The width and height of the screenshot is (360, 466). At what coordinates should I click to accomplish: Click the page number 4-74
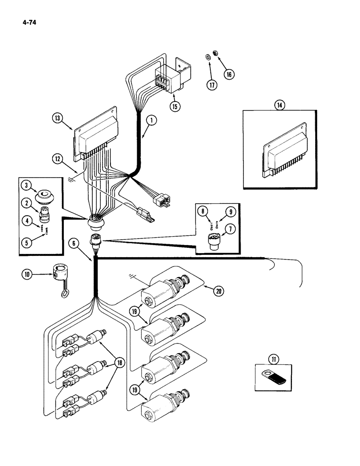(x=28, y=21)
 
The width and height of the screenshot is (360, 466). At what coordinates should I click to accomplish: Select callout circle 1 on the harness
(x=151, y=120)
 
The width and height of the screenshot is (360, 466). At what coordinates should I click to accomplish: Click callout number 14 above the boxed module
(x=279, y=106)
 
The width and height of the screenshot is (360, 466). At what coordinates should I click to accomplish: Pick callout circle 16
(x=228, y=74)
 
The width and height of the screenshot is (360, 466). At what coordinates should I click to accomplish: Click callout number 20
(x=218, y=291)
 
